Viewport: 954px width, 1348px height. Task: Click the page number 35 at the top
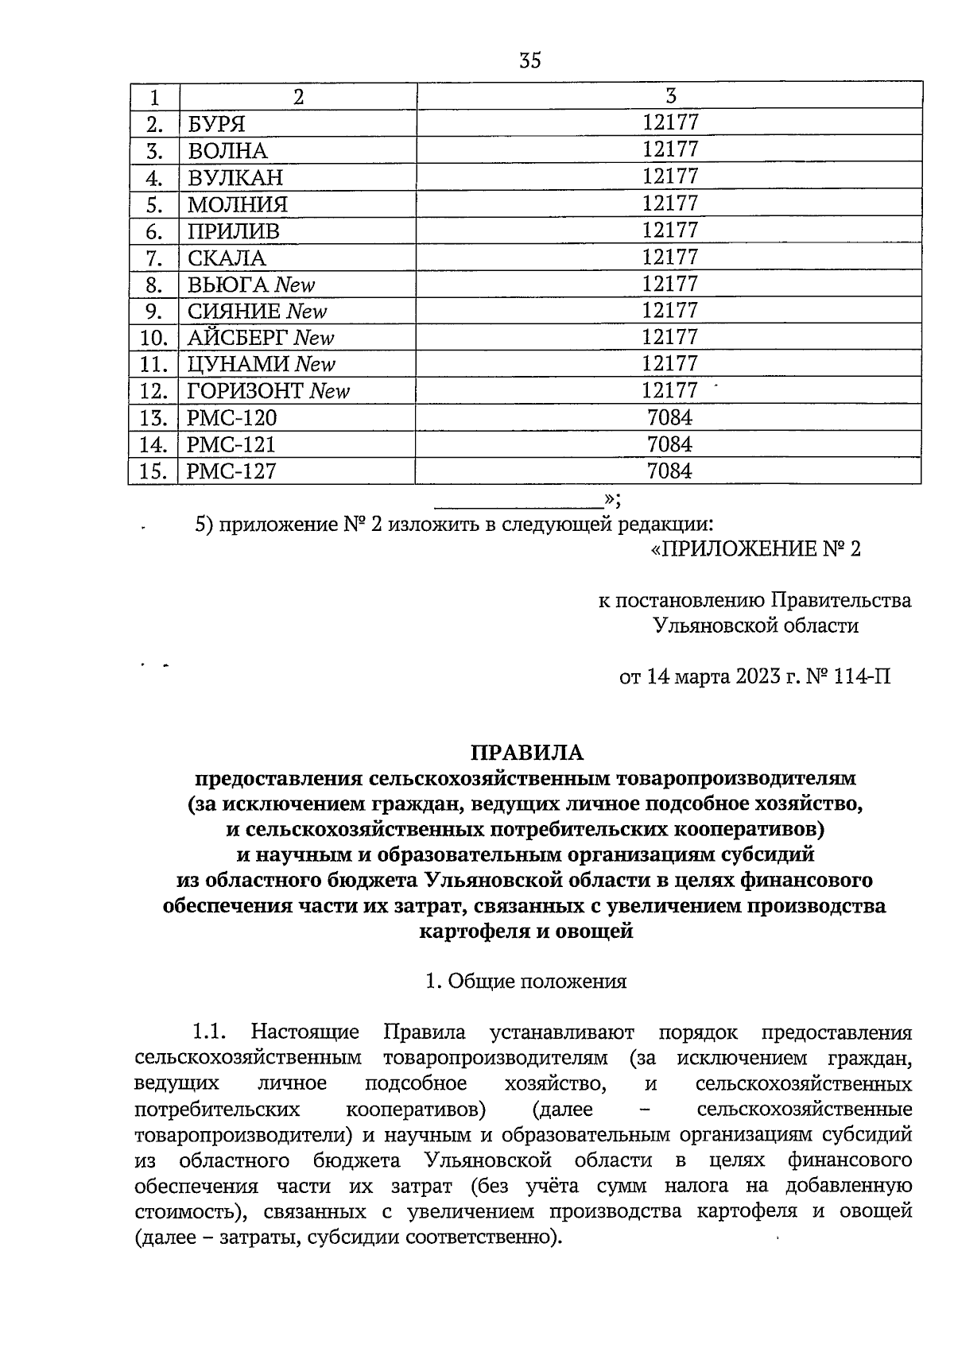pos(529,60)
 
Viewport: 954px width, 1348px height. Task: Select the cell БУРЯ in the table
pos(216,124)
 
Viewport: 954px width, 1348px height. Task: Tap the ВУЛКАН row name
pos(235,177)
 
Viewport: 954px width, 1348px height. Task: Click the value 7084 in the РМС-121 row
pos(669,444)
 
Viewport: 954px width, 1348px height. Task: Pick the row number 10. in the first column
pos(153,338)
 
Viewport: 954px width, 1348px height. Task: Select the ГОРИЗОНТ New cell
pos(268,391)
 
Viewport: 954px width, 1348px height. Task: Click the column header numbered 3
pos(670,96)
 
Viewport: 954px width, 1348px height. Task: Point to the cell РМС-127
pos(231,471)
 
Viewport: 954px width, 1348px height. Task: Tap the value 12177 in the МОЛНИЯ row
pos(669,203)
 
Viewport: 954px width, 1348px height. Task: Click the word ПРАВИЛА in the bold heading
pos(527,752)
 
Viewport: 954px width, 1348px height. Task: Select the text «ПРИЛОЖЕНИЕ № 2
pos(754,549)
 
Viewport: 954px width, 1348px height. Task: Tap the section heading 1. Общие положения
pos(526,981)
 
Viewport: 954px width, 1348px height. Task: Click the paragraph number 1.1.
pos(210,1032)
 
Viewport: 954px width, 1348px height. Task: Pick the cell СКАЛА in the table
pos(227,258)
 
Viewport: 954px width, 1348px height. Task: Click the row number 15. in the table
pos(153,471)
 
